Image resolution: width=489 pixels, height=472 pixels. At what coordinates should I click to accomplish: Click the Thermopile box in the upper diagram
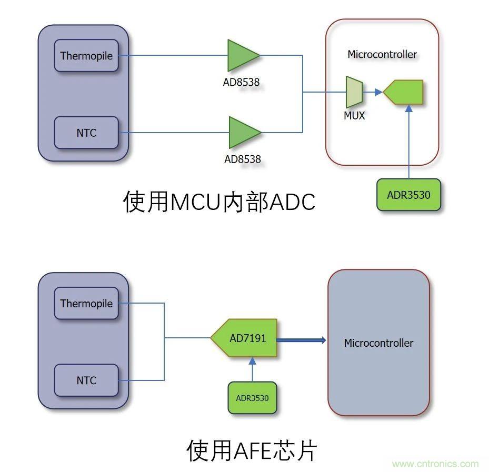click(86, 56)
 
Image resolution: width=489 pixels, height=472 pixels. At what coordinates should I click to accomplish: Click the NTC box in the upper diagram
click(86, 133)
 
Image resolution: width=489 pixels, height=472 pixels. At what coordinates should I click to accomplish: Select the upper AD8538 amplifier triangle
click(242, 55)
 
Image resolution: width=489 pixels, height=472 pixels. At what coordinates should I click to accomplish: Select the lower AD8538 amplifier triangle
click(243, 133)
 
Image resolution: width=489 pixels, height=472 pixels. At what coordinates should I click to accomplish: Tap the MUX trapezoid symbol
click(354, 92)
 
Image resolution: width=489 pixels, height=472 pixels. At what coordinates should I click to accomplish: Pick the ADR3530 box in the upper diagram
click(408, 195)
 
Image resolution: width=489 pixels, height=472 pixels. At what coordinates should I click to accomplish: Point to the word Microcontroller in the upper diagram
click(382, 54)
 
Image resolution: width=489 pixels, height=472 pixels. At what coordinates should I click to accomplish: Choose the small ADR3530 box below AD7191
click(252, 398)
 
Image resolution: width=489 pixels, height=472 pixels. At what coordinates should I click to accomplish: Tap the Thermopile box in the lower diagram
click(86, 304)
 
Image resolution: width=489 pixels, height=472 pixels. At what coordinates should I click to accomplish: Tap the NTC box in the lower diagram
click(86, 380)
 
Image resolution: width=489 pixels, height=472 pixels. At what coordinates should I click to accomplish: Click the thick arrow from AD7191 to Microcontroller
click(302, 340)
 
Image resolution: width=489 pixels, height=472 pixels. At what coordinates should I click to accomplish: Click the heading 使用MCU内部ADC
click(219, 202)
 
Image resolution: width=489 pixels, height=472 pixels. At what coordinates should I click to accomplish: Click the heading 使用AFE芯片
click(252, 450)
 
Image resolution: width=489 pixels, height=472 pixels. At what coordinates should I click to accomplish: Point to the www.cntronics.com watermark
click(435, 464)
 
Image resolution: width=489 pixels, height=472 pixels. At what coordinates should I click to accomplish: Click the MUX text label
click(354, 115)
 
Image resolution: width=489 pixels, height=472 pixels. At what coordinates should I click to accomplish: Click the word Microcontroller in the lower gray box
click(378, 343)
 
